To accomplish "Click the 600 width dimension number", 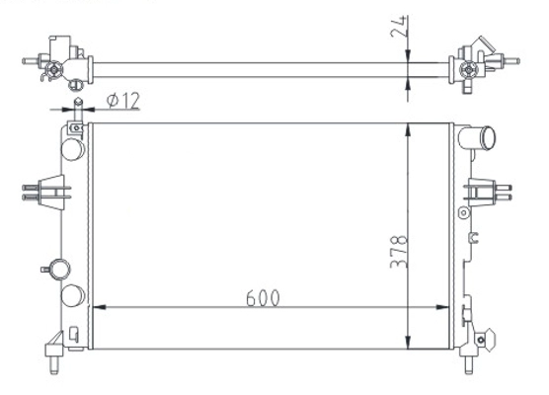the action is pos(263,298).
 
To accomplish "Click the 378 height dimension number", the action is pos(399,252).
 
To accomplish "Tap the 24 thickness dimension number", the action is pos(399,27).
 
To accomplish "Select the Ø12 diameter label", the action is pos(123,101).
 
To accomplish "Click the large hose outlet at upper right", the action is pos(477,138).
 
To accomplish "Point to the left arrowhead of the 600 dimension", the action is pos(100,307).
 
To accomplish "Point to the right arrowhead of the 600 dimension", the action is pos(442,307).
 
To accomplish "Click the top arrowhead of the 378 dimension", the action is pos(408,130).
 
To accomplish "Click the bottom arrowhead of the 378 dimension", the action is pos(408,342).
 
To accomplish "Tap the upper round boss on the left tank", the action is pos(73,149).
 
